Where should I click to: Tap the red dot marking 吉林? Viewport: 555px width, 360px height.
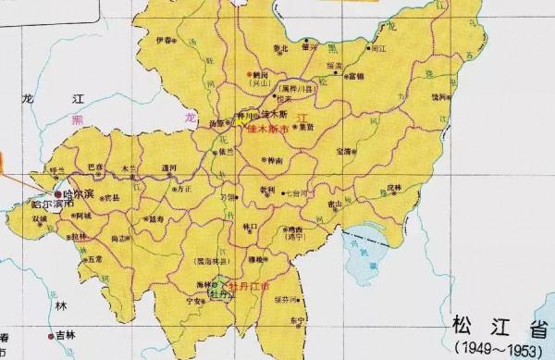pyautogui.click(x=52, y=333)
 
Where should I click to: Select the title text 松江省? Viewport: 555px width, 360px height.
pyautogui.click(x=489, y=326)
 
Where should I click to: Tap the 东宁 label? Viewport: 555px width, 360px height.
pyautogui.click(x=295, y=319)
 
